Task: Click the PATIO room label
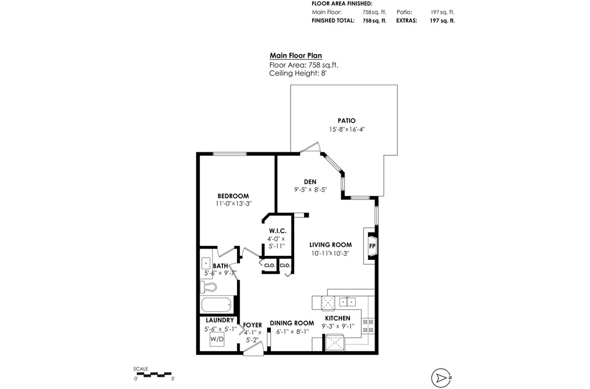click(346, 120)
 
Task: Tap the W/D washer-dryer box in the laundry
click(217, 340)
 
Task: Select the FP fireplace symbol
click(372, 247)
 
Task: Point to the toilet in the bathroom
click(209, 287)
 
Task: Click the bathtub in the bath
click(216, 305)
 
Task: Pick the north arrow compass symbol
click(441, 378)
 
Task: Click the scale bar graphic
click(155, 374)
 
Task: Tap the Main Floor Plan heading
click(296, 56)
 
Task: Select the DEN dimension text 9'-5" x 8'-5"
click(310, 190)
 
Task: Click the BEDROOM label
click(234, 196)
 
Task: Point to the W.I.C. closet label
click(278, 231)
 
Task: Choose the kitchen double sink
click(348, 302)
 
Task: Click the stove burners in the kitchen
click(368, 326)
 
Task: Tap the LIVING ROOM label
click(331, 245)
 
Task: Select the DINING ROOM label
click(292, 323)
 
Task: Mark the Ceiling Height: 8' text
click(298, 73)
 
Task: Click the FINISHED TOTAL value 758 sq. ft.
click(375, 21)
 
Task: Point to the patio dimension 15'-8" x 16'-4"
click(347, 130)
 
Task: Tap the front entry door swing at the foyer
click(253, 350)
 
